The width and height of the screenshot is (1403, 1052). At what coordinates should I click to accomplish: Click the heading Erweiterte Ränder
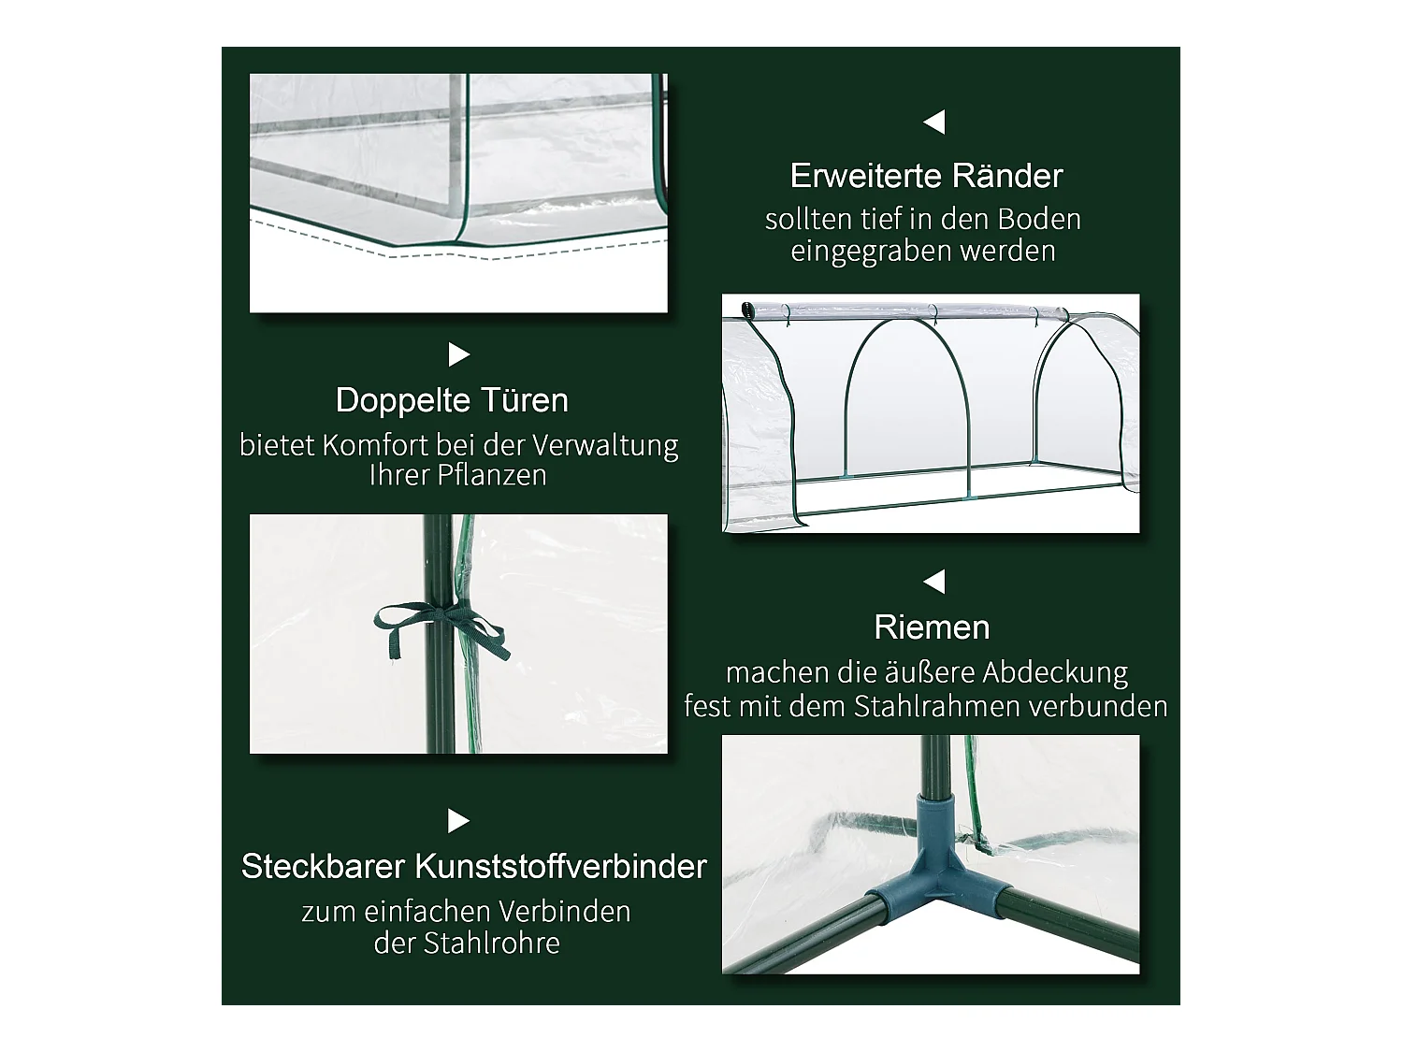pyautogui.click(x=926, y=176)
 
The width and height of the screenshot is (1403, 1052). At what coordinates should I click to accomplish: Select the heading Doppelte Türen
pyautogui.click(x=452, y=400)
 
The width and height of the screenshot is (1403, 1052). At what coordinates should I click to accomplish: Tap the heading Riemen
pyautogui.click(x=932, y=627)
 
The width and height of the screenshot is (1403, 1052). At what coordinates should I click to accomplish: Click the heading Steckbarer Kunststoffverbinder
pyautogui.click(x=473, y=866)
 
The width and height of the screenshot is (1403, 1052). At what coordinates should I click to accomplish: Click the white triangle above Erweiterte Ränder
pyautogui.click(x=933, y=122)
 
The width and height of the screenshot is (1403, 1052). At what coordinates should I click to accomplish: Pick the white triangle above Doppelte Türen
pyautogui.click(x=458, y=355)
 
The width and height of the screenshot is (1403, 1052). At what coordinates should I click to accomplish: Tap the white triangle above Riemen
pyautogui.click(x=933, y=582)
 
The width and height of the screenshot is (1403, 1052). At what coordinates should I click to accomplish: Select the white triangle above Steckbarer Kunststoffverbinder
pyautogui.click(x=458, y=821)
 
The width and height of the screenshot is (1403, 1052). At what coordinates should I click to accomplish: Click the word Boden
pyautogui.click(x=1039, y=220)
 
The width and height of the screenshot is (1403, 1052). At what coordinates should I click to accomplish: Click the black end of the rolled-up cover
pyautogui.click(x=746, y=310)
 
